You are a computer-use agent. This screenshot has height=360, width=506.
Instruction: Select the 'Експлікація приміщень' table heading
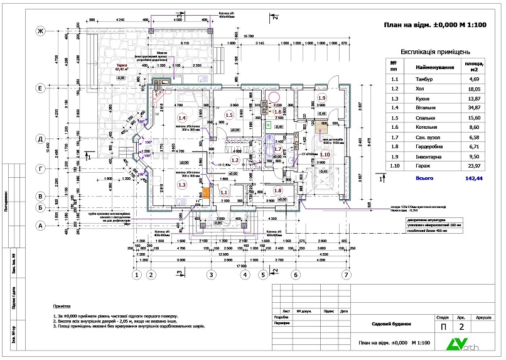click(x=434, y=52)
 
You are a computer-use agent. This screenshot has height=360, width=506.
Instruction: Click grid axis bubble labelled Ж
click(x=39, y=31)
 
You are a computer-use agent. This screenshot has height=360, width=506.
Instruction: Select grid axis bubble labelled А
click(x=39, y=225)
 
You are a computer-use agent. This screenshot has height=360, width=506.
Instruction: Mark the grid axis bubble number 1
click(x=136, y=275)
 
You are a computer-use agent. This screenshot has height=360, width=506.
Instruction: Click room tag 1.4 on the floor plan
click(x=183, y=117)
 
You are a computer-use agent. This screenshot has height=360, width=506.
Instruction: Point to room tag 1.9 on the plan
click(x=322, y=99)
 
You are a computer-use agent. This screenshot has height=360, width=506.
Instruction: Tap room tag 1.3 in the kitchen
click(x=183, y=185)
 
